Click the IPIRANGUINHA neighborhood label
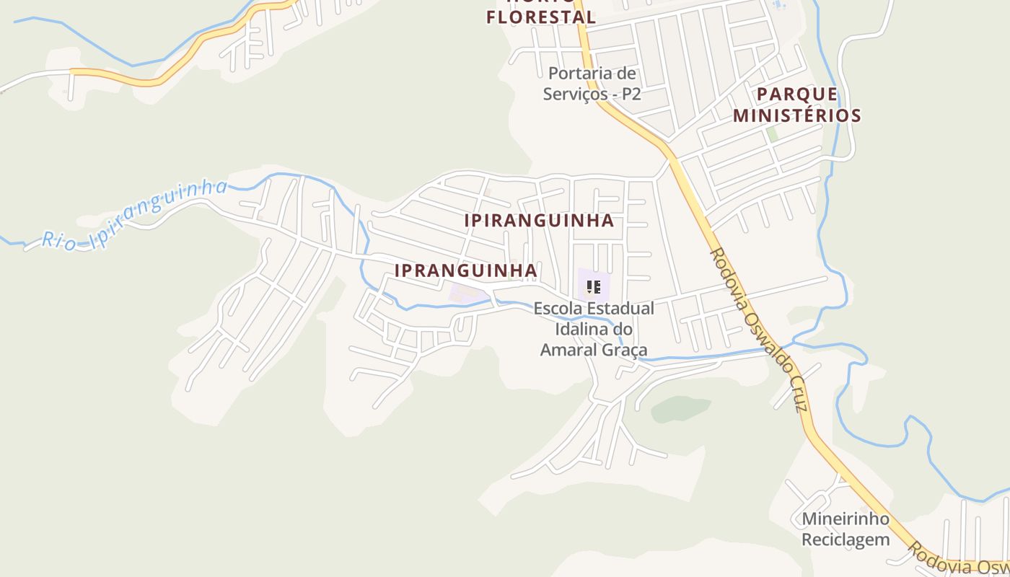(x=539, y=221)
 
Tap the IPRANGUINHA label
(x=465, y=271)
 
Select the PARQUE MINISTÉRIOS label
(x=797, y=105)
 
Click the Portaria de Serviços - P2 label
(x=592, y=83)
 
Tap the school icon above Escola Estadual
(x=593, y=287)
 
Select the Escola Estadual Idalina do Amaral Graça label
(x=594, y=329)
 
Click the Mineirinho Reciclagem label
(x=846, y=529)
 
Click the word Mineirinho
(x=846, y=519)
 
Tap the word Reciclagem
(x=846, y=539)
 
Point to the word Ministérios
(x=797, y=115)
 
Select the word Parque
(x=797, y=94)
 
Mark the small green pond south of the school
(x=680, y=409)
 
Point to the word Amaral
(x=567, y=350)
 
